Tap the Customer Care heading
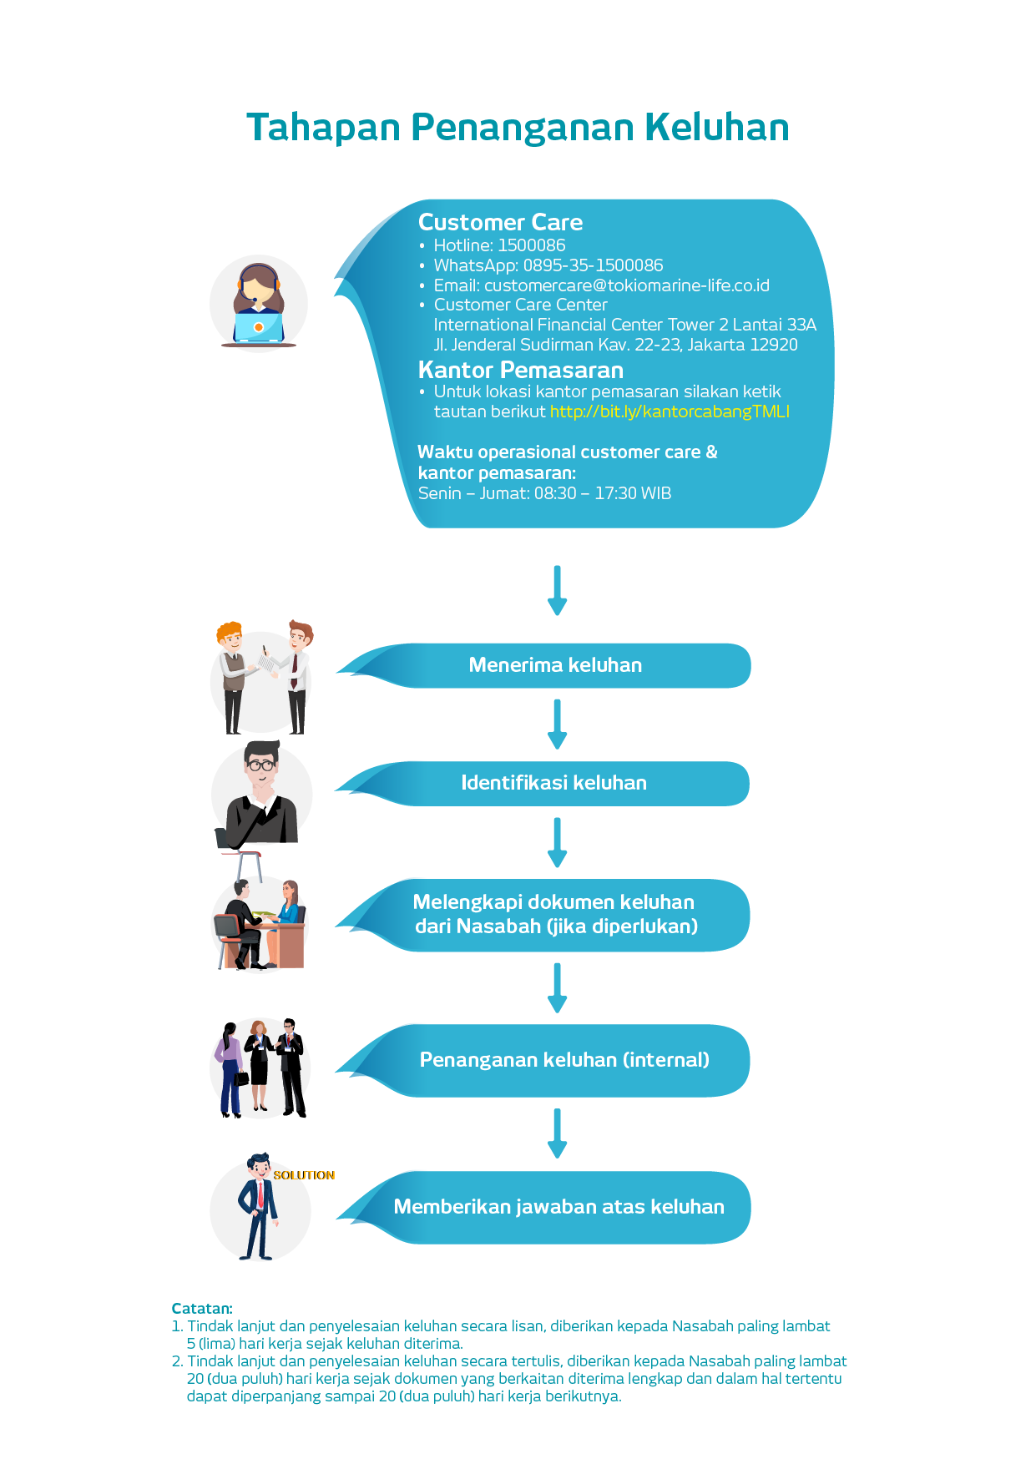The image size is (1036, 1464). pos(500,222)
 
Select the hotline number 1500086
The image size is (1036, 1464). pos(531,245)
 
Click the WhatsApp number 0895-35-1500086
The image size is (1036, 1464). pos(593,265)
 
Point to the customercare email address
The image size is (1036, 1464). pos(626,285)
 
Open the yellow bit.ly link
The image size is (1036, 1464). pos(670,411)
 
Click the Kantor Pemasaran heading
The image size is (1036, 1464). pos(520,370)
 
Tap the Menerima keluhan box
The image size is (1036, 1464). pos(555,665)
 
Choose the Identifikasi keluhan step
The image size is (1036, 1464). pos(553,783)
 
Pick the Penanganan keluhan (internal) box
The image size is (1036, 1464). pos(563,1060)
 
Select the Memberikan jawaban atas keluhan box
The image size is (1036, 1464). pos(558,1207)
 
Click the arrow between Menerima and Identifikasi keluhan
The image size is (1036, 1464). pos(557,724)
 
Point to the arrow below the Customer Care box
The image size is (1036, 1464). pos(557,590)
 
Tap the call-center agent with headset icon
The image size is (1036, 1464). pos(259,304)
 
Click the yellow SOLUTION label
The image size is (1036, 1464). pos(304,1175)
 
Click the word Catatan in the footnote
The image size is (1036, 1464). pos(202,1308)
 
